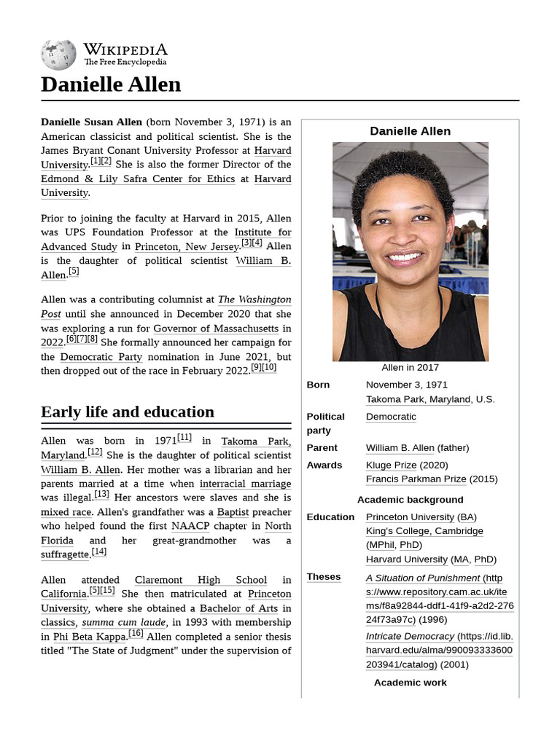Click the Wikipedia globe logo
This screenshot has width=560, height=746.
point(58,55)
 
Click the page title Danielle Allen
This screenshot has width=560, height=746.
point(111,85)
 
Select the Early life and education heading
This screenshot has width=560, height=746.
point(128,412)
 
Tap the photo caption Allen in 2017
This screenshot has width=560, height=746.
point(410,367)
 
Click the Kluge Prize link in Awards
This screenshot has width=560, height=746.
point(391,465)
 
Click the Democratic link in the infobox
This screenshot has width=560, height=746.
point(391,417)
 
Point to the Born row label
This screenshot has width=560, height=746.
point(318,385)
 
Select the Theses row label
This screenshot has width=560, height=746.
point(324,576)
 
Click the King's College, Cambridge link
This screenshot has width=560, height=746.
point(424,531)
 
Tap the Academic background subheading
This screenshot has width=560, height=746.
point(410,500)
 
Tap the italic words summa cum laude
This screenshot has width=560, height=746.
point(124,623)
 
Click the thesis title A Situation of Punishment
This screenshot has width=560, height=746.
point(423,578)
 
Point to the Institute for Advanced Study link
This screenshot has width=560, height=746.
point(262,232)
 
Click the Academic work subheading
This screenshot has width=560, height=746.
point(410,683)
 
